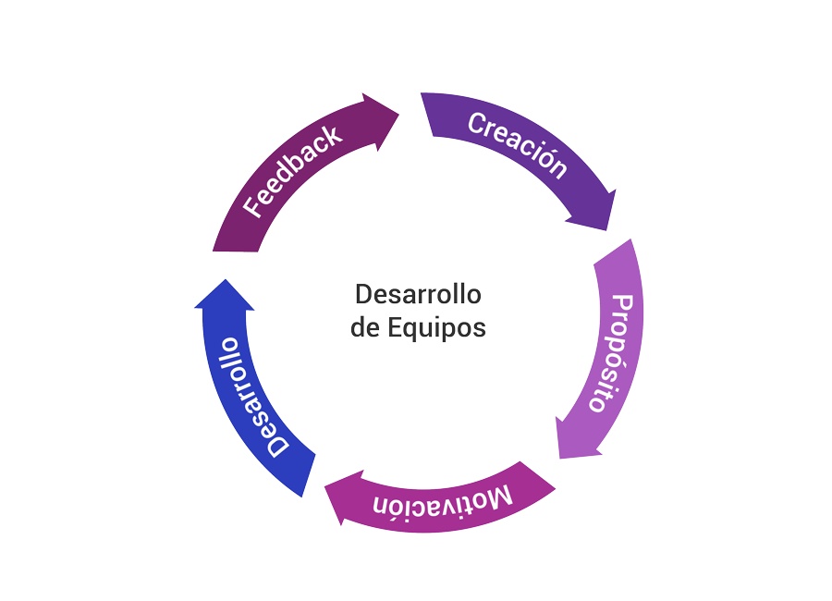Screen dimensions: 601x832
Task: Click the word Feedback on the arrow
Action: coord(293,170)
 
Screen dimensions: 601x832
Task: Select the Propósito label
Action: coord(609,353)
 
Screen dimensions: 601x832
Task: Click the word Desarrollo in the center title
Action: coord(418,295)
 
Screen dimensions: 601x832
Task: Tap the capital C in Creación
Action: coord(477,123)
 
